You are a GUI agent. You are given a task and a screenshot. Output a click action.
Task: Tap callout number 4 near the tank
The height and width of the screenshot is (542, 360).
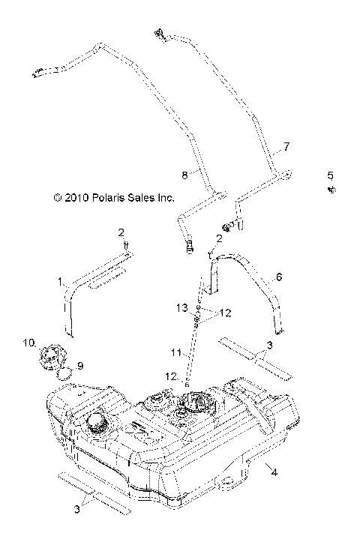[274, 472]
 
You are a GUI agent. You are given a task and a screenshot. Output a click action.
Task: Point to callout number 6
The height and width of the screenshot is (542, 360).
[279, 277]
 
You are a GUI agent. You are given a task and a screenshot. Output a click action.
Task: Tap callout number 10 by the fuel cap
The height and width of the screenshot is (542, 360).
[28, 343]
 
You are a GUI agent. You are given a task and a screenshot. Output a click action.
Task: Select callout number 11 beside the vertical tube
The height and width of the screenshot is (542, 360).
[174, 352]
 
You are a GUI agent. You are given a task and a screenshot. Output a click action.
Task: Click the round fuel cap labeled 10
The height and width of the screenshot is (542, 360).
[49, 355]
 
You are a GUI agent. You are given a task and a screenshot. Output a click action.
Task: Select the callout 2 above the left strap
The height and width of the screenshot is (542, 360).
[120, 233]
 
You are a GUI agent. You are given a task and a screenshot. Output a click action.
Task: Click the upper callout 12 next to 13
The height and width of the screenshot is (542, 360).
[204, 313]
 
